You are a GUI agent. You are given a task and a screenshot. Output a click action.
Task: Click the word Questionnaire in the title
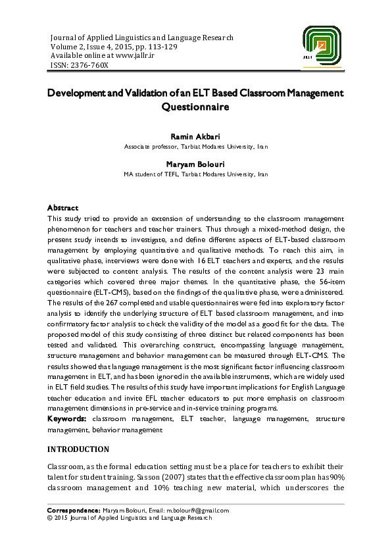click(196, 106)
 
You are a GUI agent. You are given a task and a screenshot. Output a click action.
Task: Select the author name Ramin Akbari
click(196, 136)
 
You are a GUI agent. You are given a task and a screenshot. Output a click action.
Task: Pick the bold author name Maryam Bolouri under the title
click(196, 165)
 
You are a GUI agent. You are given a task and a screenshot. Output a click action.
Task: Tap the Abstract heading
click(62, 207)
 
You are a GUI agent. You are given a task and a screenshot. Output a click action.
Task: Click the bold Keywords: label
click(68, 418)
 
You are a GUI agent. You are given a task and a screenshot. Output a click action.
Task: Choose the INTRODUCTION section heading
click(78, 449)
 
